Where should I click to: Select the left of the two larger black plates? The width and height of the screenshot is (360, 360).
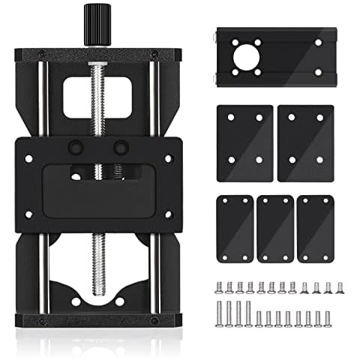244,142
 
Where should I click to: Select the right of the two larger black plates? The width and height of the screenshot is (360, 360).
304,142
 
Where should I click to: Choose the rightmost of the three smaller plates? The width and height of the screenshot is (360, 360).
315,229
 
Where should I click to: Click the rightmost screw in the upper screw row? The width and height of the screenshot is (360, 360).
337,287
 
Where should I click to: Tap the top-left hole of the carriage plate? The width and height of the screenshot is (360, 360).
29,158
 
